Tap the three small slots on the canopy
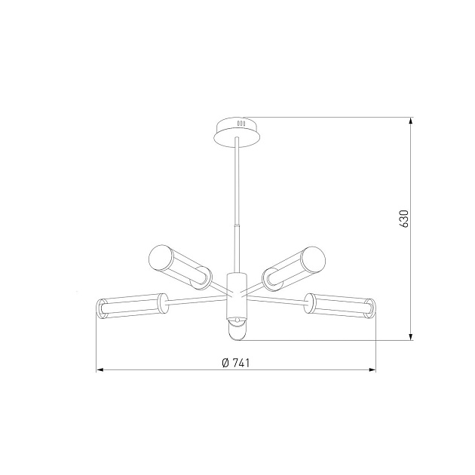[241, 122]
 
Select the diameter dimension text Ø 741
[236, 362]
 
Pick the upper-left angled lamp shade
[178, 266]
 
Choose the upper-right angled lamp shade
[294, 266]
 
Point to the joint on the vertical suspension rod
[237, 226]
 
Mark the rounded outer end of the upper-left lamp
[157, 256]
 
